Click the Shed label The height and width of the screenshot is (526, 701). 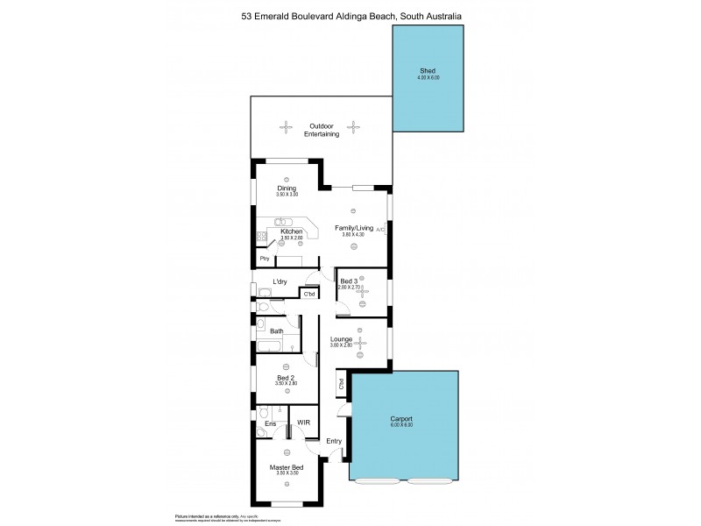coord(428,72)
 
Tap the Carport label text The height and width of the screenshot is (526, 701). coord(401,419)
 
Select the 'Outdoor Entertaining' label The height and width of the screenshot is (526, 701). coord(320,129)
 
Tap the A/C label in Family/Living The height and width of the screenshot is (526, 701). coord(380,228)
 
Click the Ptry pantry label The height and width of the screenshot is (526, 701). coord(263,259)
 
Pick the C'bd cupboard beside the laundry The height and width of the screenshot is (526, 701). coord(308,295)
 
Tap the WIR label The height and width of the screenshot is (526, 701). coord(303,423)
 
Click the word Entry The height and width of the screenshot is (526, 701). coord(334,441)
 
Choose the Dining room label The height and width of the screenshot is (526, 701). coord(287,188)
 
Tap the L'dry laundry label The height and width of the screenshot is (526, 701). coord(280,281)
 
